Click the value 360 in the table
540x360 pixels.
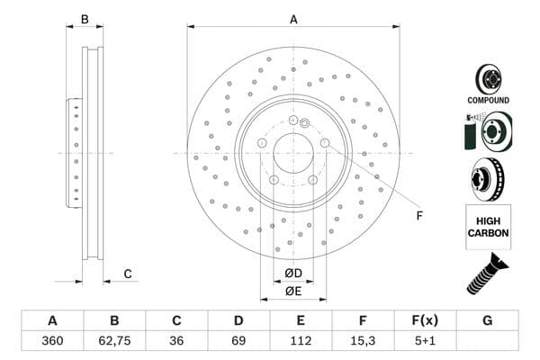tap(52, 341)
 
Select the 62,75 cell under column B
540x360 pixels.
tap(114, 341)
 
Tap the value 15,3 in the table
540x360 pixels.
tap(363, 341)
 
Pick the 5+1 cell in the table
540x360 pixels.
tap(425, 341)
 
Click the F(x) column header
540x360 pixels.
tap(425, 320)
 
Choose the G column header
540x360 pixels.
tap(487, 320)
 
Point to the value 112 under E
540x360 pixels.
tap(301, 341)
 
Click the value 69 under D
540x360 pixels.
tap(238, 341)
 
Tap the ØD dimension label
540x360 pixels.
tap(293, 274)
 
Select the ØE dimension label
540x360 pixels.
tap(293, 291)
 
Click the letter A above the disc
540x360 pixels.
tap(293, 20)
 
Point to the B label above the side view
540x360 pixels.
tap(85, 20)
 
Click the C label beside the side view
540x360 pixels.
tap(128, 274)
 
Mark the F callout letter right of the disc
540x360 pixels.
tap(419, 216)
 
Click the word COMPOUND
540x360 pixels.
tap(488, 100)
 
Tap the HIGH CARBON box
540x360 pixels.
tap(489, 227)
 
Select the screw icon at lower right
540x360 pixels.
tap(487, 274)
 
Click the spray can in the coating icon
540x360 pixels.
tap(470, 132)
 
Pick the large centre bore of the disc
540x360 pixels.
tap(293, 153)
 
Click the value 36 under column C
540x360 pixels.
tap(176, 341)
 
